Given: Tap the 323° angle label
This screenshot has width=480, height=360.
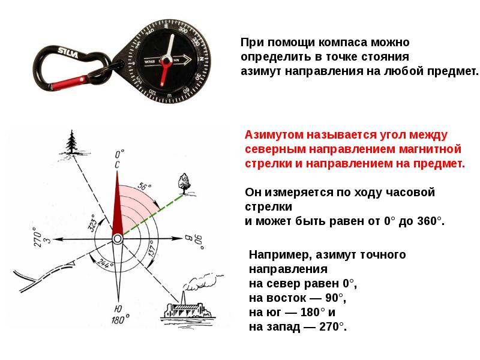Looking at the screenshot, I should pyautogui.click(x=92, y=223).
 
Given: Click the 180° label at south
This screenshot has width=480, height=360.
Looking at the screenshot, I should pyautogui.click(x=117, y=320).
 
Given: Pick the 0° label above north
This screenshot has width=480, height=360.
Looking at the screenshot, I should pyautogui.click(x=119, y=154).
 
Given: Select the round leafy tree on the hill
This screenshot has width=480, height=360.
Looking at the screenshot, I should pyautogui.click(x=183, y=181).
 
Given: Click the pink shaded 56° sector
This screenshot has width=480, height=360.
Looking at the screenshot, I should pyautogui.click(x=135, y=204).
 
